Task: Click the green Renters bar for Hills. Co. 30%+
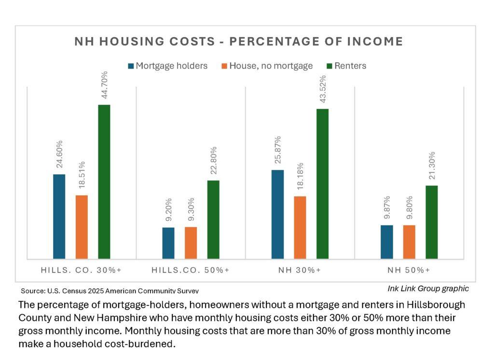[104, 181]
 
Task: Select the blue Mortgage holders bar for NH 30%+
[277, 214]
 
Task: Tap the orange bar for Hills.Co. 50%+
[191, 243]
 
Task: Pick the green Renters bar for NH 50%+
[431, 222]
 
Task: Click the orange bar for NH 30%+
[300, 227]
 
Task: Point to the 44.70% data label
[104, 85]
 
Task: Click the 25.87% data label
[277, 151]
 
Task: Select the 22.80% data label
[213, 161]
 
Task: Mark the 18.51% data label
[82, 176]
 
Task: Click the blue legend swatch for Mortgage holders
[131, 66]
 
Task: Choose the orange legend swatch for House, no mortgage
[225, 66]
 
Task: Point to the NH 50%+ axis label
[409, 270]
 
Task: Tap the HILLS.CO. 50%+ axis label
[191, 270]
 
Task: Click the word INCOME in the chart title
[375, 42]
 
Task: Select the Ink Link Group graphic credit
[428, 289]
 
